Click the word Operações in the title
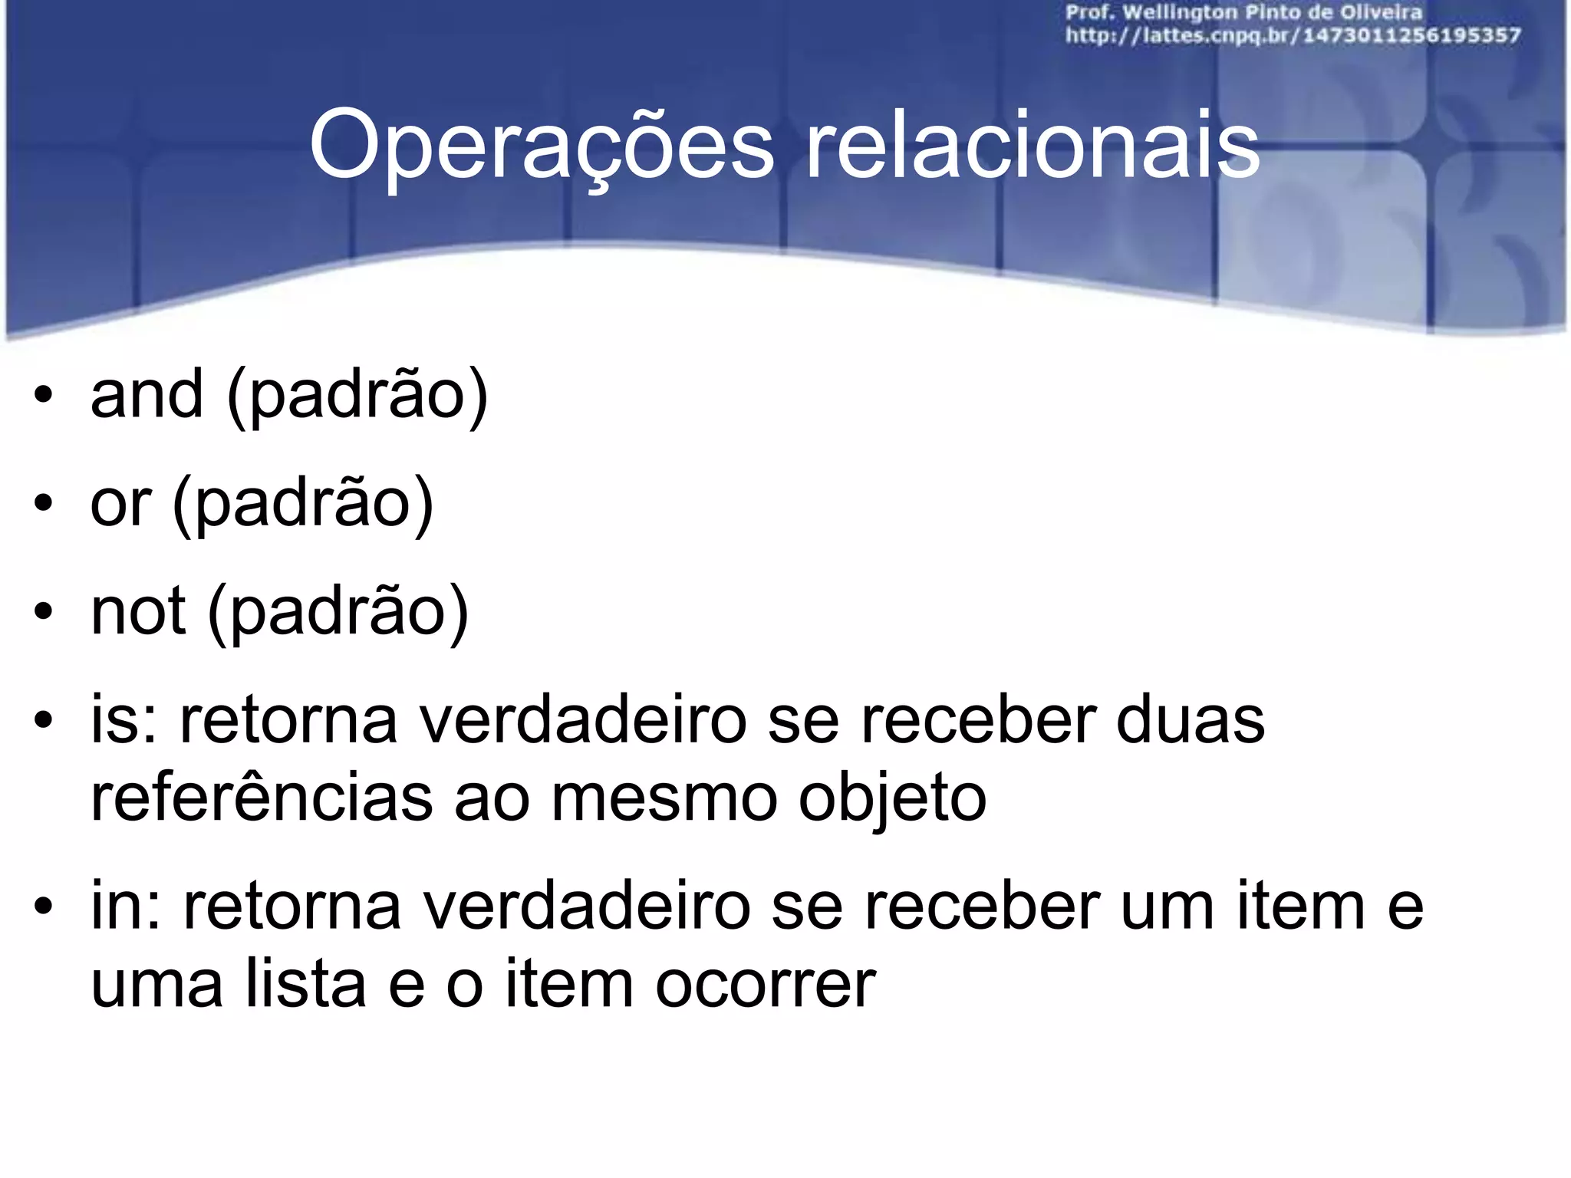pos(541,146)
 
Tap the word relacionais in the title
pos(1033,146)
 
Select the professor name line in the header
pos(1243,13)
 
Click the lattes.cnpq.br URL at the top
pos(1293,36)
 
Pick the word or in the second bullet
pos(120,504)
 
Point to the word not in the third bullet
pos(138,611)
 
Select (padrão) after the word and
pos(357,396)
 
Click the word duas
pos(1190,720)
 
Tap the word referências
pos(262,798)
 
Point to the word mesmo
pos(664,798)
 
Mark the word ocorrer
pos(766,984)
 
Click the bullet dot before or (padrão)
pos(44,504)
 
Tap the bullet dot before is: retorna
pos(44,720)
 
